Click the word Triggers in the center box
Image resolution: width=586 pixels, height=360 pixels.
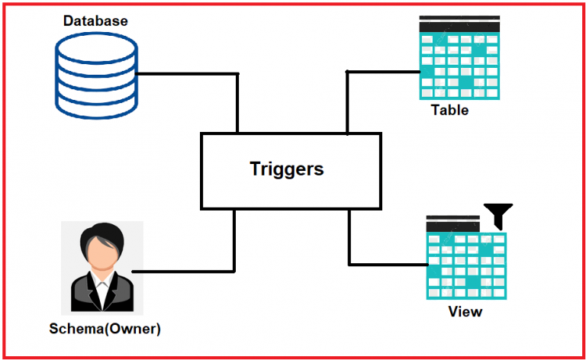[287, 169]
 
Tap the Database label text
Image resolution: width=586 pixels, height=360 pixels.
[95, 21]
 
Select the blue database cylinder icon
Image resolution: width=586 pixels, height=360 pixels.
[96, 75]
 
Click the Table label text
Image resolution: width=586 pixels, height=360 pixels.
[449, 110]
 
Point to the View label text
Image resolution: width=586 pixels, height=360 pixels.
[465, 311]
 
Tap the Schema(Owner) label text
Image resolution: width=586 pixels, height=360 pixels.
[105, 329]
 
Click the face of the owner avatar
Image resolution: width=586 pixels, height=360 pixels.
[101, 251]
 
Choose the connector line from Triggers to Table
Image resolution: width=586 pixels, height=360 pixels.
[382, 72]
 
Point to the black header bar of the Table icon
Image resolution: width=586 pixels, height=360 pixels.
[461, 26]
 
